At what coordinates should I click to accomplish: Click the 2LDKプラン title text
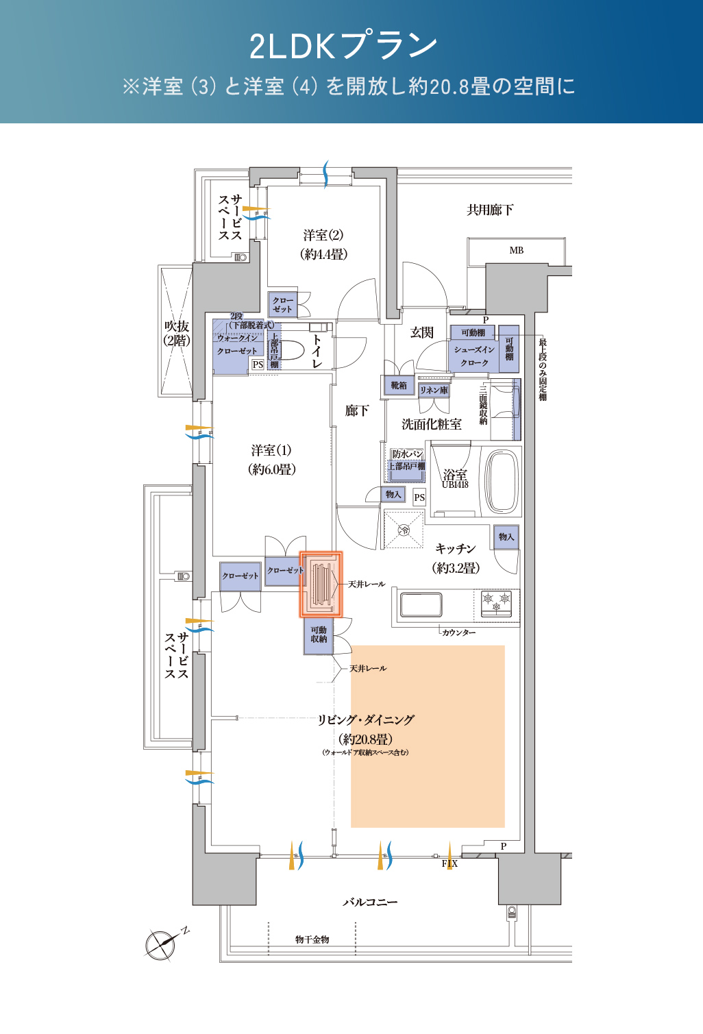pyautogui.click(x=343, y=45)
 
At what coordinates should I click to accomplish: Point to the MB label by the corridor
pyautogui.click(x=517, y=251)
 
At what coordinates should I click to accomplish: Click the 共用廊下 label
pyautogui.click(x=490, y=210)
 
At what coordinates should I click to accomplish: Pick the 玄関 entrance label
pyautogui.click(x=422, y=333)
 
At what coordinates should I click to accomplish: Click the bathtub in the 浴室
pyautogui.click(x=502, y=481)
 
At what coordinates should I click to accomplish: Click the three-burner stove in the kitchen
pyautogui.click(x=496, y=604)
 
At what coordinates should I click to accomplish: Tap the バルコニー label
pyautogui.click(x=370, y=902)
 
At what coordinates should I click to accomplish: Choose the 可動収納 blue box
pyautogui.click(x=319, y=635)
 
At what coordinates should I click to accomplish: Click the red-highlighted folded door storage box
pyautogui.click(x=321, y=585)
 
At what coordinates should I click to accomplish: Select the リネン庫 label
pyautogui.click(x=434, y=390)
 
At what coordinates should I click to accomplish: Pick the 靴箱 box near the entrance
pyautogui.click(x=398, y=386)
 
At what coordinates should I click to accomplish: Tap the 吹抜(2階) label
pyautogui.click(x=177, y=333)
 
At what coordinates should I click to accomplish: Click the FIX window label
pyautogui.click(x=449, y=863)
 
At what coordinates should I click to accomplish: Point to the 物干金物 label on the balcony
pyautogui.click(x=312, y=939)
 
